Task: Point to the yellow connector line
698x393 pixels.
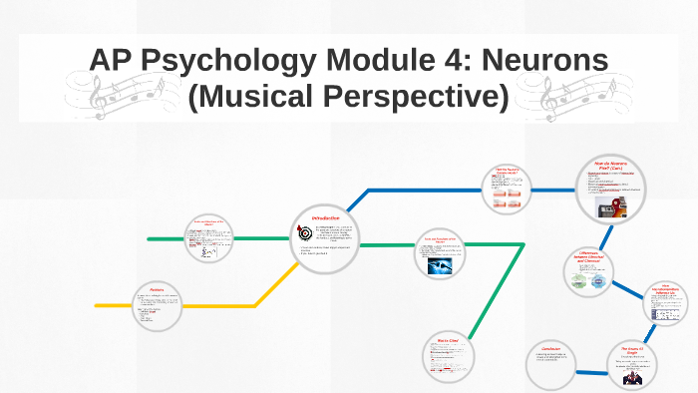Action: [199, 304]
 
